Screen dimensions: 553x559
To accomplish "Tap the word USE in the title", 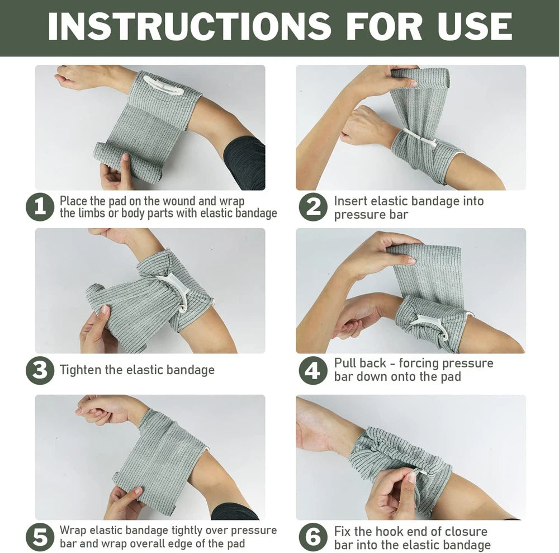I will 471,26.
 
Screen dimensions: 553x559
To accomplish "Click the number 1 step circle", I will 40,207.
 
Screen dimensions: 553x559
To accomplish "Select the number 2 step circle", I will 312,207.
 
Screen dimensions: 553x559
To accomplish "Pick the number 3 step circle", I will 40,370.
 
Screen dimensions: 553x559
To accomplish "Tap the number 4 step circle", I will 312,370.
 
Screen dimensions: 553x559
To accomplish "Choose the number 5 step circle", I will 40,537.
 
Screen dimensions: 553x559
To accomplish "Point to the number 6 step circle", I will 312,537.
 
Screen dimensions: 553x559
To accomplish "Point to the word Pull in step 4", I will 345,363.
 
